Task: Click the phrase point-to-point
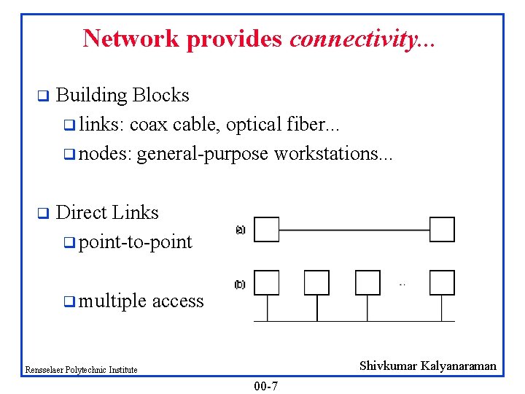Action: (136, 242)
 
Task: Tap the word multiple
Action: (112, 301)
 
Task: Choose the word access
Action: (178, 301)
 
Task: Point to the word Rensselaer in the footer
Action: (43, 370)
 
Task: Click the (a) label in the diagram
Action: (241, 229)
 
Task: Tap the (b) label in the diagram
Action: (241, 285)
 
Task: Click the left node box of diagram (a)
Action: (267, 229)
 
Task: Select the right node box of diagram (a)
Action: (442, 229)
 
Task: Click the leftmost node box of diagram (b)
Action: (267, 282)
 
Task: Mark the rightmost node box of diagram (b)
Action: (442, 282)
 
